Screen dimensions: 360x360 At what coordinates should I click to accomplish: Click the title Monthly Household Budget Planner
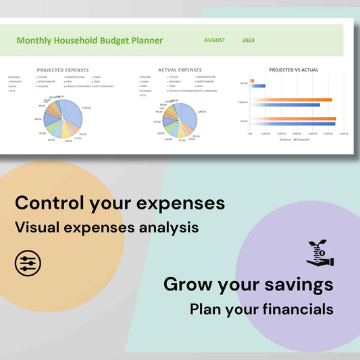(89, 41)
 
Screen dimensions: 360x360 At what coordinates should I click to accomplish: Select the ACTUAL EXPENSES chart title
(180, 70)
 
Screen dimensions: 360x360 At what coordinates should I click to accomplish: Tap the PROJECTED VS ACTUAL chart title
(294, 70)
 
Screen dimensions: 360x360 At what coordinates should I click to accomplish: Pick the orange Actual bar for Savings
(252, 81)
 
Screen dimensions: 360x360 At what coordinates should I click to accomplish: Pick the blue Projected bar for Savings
(257, 86)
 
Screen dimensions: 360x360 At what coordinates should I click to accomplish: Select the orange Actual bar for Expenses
(290, 100)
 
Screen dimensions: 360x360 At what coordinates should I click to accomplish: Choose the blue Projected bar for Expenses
(284, 105)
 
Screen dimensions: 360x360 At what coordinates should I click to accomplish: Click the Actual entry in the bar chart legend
(286, 140)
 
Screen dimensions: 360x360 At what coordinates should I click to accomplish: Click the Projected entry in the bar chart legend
(304, 140)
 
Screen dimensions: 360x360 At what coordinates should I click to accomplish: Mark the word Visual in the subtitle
(35, 228)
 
